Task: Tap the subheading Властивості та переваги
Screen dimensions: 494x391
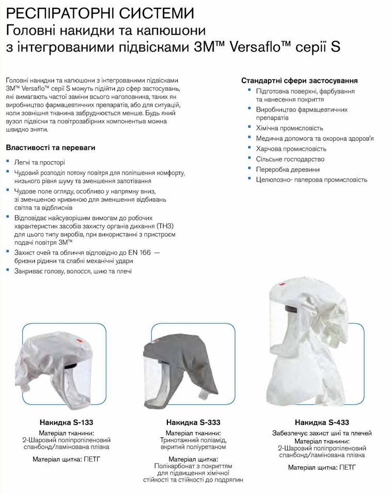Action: pyautogui.click(x=51, y=148)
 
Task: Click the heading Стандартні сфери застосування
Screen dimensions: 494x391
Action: pyautogui.click(x=300, y=81)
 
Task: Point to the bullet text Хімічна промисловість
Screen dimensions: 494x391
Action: pyautogui.click(x=289, y=128)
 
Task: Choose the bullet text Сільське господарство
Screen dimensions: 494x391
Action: pyautogui.click(x=290, y=159)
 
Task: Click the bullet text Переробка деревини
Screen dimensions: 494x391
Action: pyautogui.click(x=288, y=169)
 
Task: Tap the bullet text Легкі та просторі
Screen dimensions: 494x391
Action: pyautogui.click(x=39, y=162)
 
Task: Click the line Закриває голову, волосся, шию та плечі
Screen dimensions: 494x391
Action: pyautogui.click(x=73, y=271)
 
